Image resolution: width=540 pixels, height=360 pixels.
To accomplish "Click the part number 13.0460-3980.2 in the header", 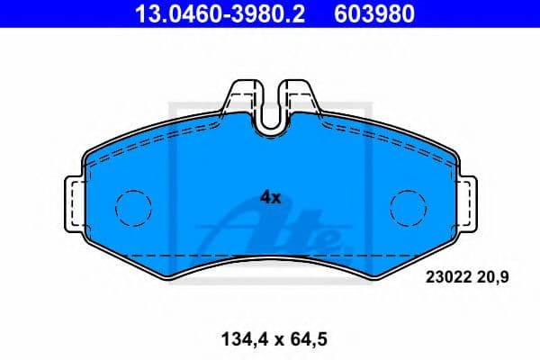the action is click(220, 13).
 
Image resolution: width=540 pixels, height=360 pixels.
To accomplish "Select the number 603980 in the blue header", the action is click(374, 13).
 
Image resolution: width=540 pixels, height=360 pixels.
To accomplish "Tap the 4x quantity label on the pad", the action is click(270, 198).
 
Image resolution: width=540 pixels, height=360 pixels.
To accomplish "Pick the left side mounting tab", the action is click(75, 204).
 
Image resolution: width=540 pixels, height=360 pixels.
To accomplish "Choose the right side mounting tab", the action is click(467, 204).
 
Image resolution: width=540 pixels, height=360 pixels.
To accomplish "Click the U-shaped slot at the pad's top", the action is click(271, 129).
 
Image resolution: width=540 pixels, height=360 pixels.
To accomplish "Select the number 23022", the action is click(448, 277).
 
